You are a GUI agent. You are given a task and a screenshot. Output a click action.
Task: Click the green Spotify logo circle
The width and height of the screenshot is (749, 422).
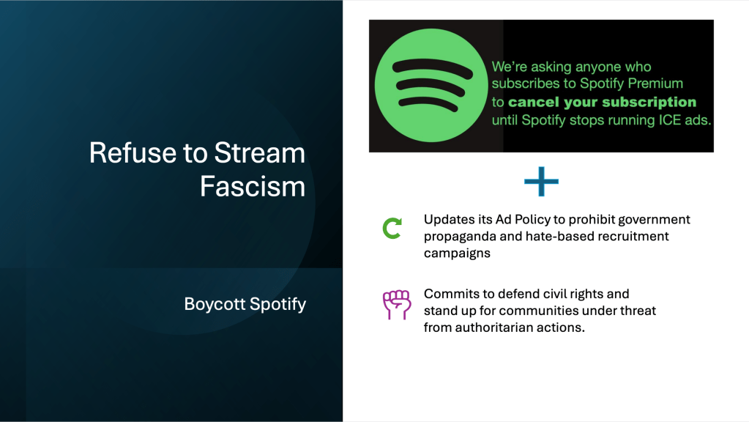[431, 85]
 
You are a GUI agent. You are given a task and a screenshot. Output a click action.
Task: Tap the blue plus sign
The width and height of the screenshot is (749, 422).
[541, 182]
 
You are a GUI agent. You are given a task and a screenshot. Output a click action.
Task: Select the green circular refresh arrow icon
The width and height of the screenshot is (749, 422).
[392, 228]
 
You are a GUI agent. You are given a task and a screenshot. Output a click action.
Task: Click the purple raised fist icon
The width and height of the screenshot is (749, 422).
[397, 305]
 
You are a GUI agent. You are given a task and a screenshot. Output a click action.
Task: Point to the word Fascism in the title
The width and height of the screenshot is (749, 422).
[253, 186]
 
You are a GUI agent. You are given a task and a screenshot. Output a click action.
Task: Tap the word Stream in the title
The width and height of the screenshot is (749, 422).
[259, 153]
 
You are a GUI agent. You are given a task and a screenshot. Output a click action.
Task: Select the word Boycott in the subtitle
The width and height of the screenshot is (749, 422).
[215, 304]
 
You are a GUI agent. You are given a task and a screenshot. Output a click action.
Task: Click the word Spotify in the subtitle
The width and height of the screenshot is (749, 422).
[278, 305]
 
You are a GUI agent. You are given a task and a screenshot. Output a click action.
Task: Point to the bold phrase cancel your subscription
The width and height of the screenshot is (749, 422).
[602, 102]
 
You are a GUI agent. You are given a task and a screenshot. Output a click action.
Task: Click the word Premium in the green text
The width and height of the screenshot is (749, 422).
[655, 84]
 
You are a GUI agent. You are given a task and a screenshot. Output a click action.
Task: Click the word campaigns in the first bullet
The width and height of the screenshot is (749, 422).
[457, 253]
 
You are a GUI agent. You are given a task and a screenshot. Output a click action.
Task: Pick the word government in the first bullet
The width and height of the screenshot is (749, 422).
[654, 220]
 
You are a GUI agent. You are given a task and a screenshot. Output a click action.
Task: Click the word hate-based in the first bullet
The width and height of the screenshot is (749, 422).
[562, 237]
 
